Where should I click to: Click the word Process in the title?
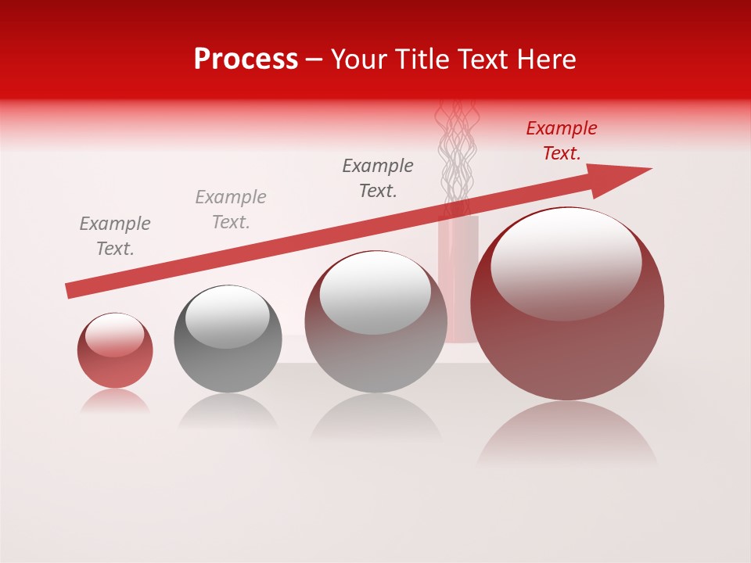tap(246, 59)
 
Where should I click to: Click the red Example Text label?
tap(561, 141)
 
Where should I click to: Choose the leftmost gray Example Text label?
tap(115, 236)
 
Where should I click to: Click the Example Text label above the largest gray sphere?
tap(378, 178)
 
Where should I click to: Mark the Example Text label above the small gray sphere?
tap(231, 210)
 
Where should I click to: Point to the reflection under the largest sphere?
tap(567, 434)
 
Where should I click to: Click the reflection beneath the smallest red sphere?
tap(115, 402)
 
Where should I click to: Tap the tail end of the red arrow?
tap(70, 291)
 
